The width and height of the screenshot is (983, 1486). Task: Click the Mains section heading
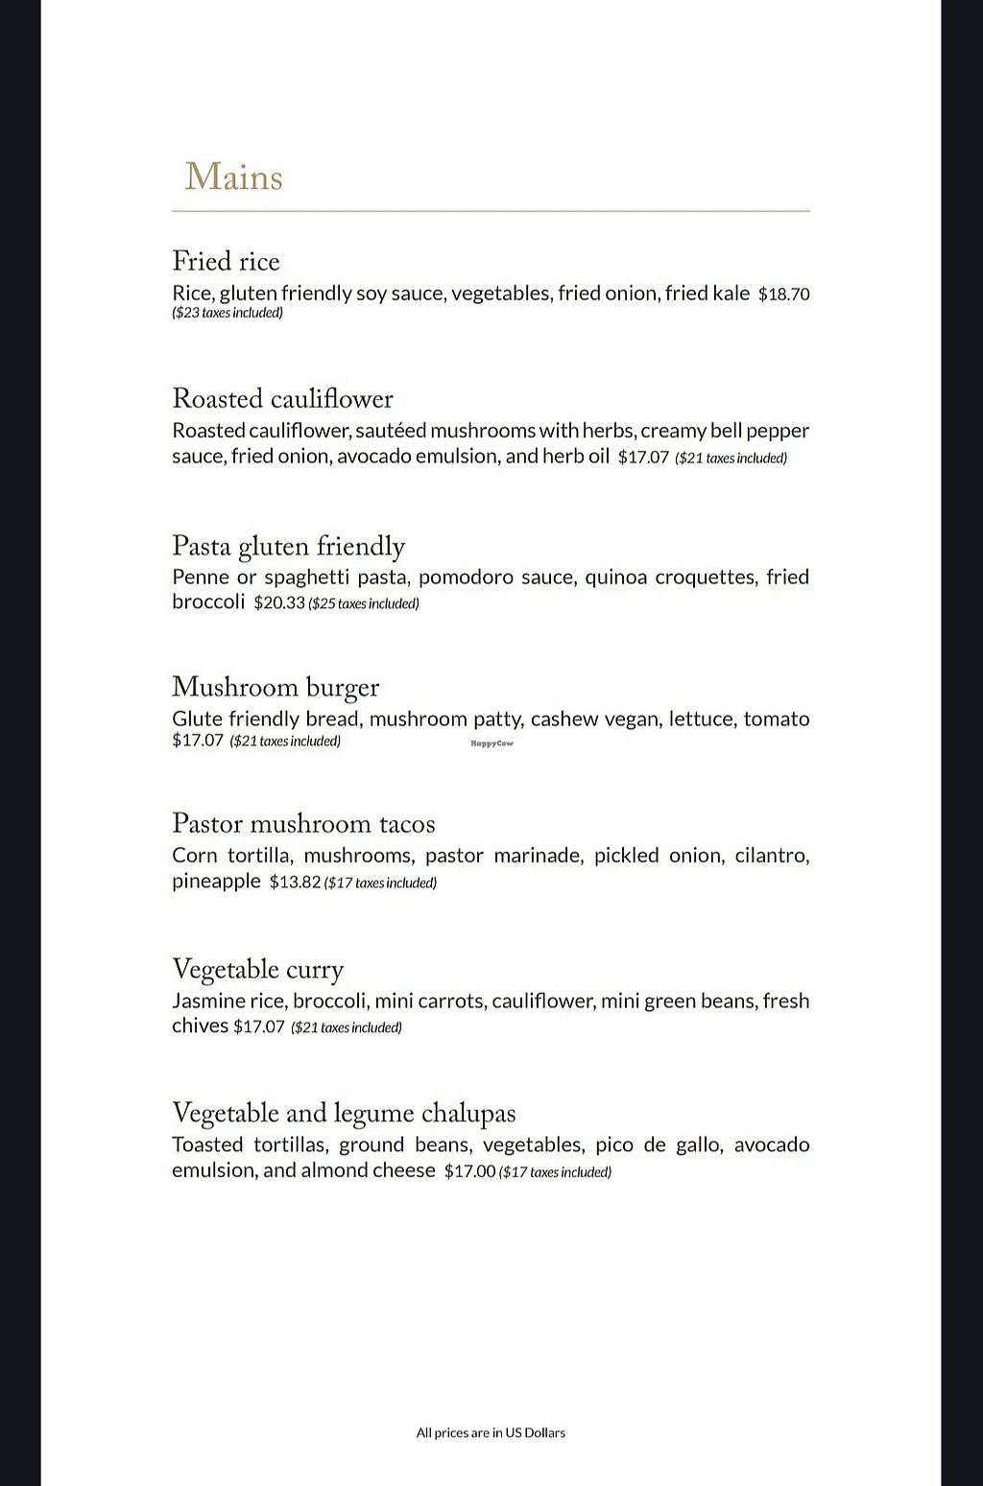pyautogui.click(x=233, y=177)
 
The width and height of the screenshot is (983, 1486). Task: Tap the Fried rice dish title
pyautogui.click(x=226, y=262)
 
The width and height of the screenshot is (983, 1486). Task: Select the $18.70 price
pyautogui.click(x=783, y=295)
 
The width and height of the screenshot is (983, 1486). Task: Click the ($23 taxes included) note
pyautogui.click(x=228, y=313)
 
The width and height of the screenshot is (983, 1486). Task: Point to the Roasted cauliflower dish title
pyautogui.click(x=282, y=399)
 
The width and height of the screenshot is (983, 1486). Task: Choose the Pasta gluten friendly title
pyautogui.click(x=288, y=546)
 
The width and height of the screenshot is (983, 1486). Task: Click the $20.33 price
pyautogui.click(x=278, y=603)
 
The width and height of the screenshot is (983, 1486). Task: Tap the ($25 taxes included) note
pyautogui.click(x=364, y=604)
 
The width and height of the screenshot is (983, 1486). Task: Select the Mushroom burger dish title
pyautogui.click(x=275, y=687)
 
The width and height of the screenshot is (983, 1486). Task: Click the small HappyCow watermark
pyautogui.click(x=491, y=743)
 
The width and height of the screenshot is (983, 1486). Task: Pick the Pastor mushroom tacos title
pyautogui.click(x=303, y=824)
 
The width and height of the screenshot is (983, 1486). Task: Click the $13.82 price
pyautogui.click(x=294, y=883)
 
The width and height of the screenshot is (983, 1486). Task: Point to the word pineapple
pyautogui.click(x=216, y=882)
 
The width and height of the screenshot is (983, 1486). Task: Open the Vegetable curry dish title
pyautogui.click(x=257, y=970)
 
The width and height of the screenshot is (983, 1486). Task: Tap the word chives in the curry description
pyautogui.click(x=200, y=1026)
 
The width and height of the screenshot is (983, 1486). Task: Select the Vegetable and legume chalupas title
pyautogui.click(x=344, y=1114)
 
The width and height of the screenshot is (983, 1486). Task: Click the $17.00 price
pyautogui.click(x=469, y=1171)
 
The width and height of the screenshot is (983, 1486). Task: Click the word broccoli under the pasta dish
pyautogui.click(x=208, y=602)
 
